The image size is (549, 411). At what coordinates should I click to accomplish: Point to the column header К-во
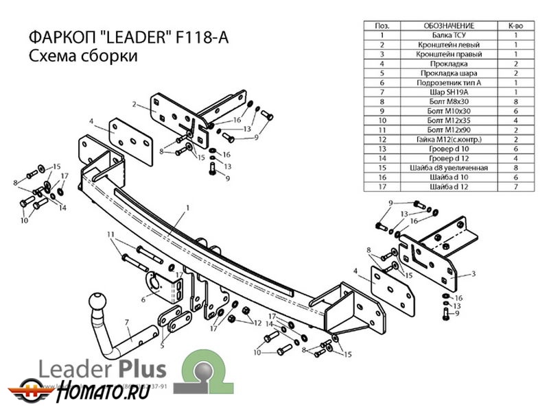tap(515, 25)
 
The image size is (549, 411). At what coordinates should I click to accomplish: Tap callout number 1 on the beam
tap(187, 207)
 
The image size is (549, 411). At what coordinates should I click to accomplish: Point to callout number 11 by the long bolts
tap(110, 235)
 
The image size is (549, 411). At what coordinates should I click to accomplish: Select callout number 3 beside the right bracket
tap(474, 274)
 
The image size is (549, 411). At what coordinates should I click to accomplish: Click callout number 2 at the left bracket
tap(136, 105)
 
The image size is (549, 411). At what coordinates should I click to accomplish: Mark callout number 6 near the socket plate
tap(143, 299)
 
